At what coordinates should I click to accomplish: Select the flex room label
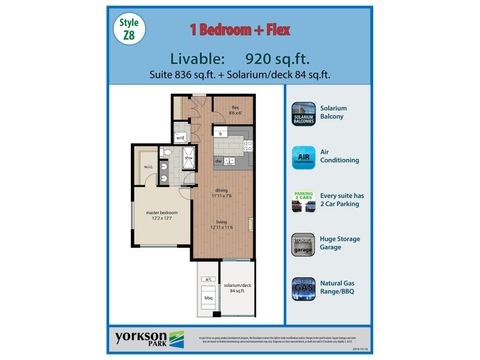click(238, 111)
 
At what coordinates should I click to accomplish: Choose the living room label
click(222, 227)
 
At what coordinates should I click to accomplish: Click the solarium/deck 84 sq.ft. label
click(239, 290)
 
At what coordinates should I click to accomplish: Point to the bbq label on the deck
click(209, 298)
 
